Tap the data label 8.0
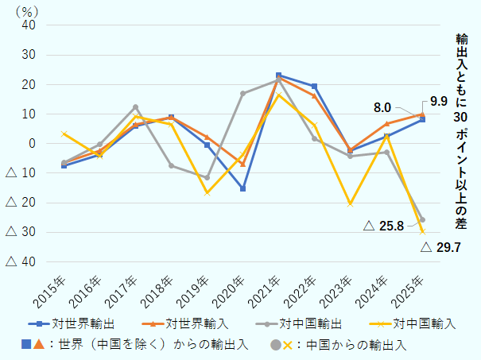[x=382, y=107]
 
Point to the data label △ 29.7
[x=440, y=248]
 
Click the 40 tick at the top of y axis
[x=29, y=25]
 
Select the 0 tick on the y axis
[x=33, y=144]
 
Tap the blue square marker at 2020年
[x=242, y=188]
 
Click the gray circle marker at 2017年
[x=135, y=107]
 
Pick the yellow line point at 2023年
[x=350, y=203]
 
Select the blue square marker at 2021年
[x=278, y=75]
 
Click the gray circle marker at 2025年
[x=421, y=219]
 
